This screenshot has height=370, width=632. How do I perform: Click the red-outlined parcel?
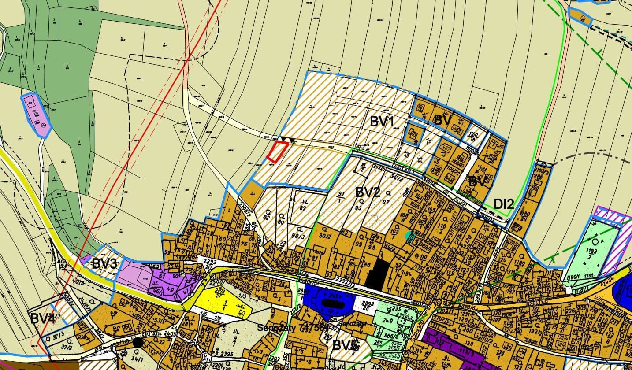coord(277,152)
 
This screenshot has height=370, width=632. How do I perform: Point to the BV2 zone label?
coord(368,192)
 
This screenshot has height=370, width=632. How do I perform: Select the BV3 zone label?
coord(104,264)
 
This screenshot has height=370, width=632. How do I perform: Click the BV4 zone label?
coord(43,318)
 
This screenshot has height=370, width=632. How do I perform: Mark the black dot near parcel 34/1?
coord(138,342)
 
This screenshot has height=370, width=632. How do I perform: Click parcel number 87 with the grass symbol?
coord(303,207)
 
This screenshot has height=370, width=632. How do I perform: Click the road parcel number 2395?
coord(227,354)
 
